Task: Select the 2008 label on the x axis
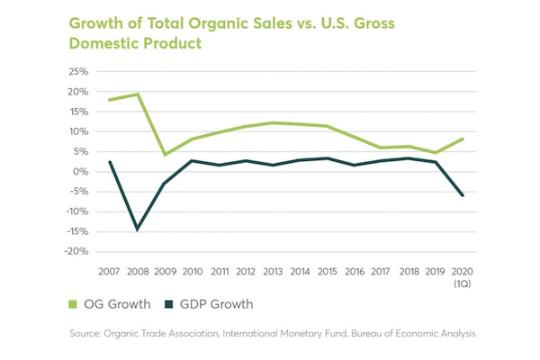(138, 270)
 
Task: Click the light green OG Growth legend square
(75, 305)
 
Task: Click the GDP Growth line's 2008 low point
(138, 229)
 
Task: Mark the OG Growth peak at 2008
(138, 94)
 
